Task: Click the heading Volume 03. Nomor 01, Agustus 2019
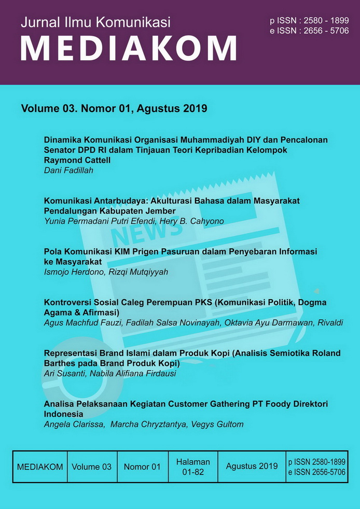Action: click(x=114, y=109)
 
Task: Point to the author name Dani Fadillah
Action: click(x=68, y=170)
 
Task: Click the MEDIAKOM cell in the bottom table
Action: click(x=40, y=466)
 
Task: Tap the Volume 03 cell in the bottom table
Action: click(x=92, y=466)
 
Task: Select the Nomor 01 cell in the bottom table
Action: click(x=142, y=466)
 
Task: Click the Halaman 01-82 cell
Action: click(x=193, y=466)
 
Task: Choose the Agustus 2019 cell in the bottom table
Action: click(x=252, y=466)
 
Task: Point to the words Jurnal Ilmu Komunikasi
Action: click(x=95, y=22)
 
